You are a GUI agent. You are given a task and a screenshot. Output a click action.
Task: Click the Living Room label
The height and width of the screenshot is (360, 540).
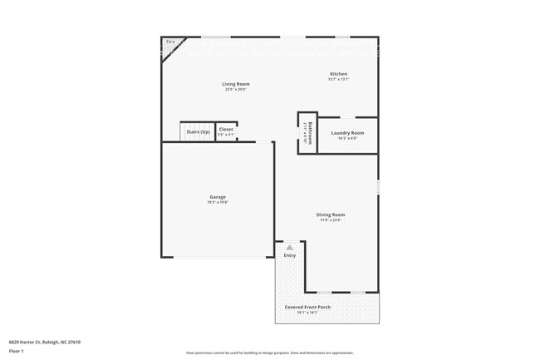pos(235,84)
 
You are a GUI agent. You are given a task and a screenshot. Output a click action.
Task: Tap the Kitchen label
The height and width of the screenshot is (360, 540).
pos(338,74)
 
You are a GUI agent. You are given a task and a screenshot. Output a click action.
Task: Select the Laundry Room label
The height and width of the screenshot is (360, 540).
pos(347,133)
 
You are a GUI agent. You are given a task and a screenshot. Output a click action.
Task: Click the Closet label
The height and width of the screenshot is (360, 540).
pos(226,130)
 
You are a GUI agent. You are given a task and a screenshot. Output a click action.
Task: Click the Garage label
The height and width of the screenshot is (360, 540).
pos(218,197)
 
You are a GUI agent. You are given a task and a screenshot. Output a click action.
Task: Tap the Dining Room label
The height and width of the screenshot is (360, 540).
pos(331,215)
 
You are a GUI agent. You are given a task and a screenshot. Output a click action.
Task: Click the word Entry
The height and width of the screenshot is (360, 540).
pos(289,255)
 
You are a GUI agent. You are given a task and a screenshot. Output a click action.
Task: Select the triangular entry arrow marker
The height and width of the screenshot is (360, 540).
pos(289,247)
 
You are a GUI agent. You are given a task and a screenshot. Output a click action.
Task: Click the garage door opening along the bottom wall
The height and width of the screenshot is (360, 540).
pos(218,257)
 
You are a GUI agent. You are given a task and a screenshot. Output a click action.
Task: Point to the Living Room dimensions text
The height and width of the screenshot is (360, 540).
pos(235,90)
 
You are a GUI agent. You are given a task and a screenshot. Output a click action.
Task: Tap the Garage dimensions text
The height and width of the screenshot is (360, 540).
pos(218,203)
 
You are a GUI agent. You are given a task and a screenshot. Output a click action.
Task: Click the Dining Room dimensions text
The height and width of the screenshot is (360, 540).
pos(331,220)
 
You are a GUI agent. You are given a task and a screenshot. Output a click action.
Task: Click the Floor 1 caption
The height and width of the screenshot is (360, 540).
pos(17,352)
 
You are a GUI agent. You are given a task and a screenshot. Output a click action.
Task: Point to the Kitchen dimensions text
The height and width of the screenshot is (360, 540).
pos(338,80)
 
